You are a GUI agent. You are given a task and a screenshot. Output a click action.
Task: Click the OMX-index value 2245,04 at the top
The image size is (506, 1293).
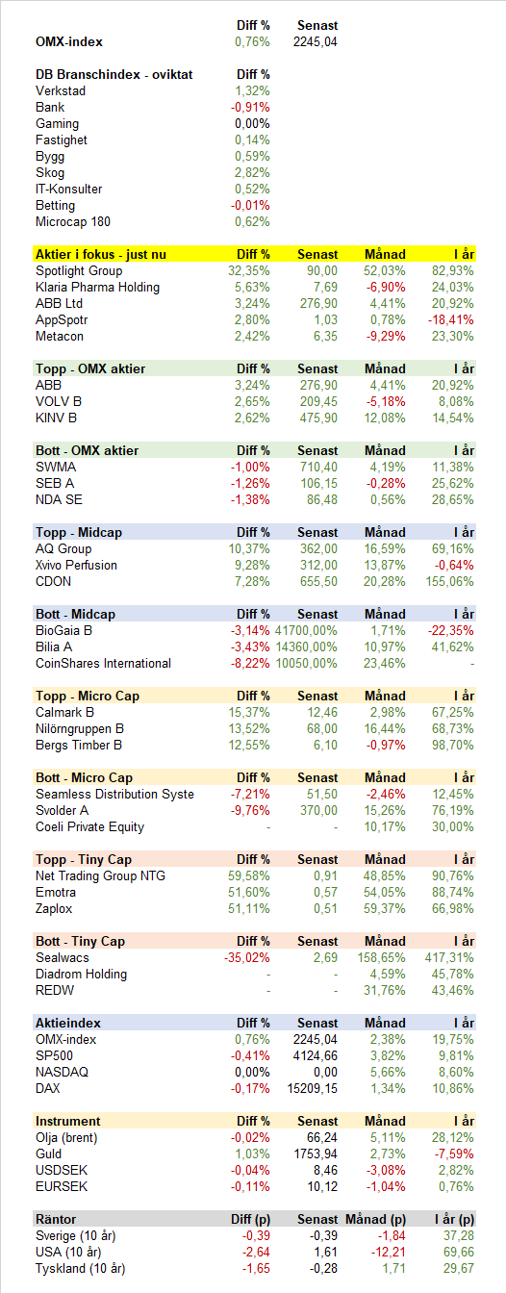click(315, 41)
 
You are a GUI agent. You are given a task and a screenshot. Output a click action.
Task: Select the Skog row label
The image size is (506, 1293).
click(50, 172)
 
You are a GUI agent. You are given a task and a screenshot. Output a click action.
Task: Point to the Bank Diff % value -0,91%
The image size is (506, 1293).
click(250, 108)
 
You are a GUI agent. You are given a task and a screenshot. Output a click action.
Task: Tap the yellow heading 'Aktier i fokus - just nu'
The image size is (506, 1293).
click(101, 255)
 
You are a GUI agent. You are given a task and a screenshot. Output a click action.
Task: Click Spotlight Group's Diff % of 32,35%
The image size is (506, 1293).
click(249, 270)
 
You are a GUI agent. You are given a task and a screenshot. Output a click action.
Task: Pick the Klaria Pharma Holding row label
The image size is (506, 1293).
click(97, 287)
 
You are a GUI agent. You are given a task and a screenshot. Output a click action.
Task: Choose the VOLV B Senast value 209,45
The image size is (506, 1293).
click(318, 402)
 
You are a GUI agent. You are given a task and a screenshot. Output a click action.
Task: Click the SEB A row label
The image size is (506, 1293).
click(55, 483)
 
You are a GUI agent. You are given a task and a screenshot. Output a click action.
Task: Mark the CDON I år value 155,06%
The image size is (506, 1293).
click(450, 581)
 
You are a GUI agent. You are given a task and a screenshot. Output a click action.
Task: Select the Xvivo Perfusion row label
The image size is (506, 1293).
click(76, 565)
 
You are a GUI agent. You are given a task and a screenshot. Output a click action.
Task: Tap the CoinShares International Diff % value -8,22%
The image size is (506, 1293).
click(250, 663)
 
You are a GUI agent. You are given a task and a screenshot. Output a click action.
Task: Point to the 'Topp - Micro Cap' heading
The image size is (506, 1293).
click(88, 697)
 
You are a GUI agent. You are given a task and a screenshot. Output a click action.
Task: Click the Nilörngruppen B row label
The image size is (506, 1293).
click(80, 728)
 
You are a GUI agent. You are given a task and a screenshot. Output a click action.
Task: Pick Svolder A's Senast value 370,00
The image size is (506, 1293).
click(318, 810)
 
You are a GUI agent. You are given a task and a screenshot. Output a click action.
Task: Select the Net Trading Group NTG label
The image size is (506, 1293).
click(100, 875)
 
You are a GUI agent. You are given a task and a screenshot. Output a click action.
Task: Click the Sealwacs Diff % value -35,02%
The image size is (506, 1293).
click(247, 957)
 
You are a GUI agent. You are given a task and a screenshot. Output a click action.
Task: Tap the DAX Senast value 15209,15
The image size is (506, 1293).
click(312, 1088)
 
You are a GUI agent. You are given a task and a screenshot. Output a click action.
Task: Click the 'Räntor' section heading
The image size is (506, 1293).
click(56, 1219)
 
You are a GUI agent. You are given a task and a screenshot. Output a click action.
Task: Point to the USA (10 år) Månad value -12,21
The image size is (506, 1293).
click(388, 1252)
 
